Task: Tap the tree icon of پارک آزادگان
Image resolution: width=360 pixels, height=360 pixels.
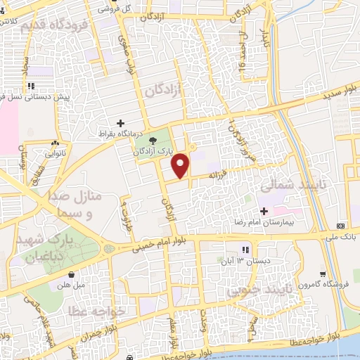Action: pos(153,141)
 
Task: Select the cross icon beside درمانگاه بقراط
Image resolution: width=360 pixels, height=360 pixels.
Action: pos(120,122)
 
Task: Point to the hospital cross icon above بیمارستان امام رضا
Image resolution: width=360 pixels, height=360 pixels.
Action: pos(264,211)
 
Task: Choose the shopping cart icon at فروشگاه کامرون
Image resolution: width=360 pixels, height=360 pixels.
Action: pos(323,274)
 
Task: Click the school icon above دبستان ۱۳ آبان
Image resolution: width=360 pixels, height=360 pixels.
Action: pos(245,250)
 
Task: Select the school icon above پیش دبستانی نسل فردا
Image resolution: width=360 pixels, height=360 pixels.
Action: pos(31,86)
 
